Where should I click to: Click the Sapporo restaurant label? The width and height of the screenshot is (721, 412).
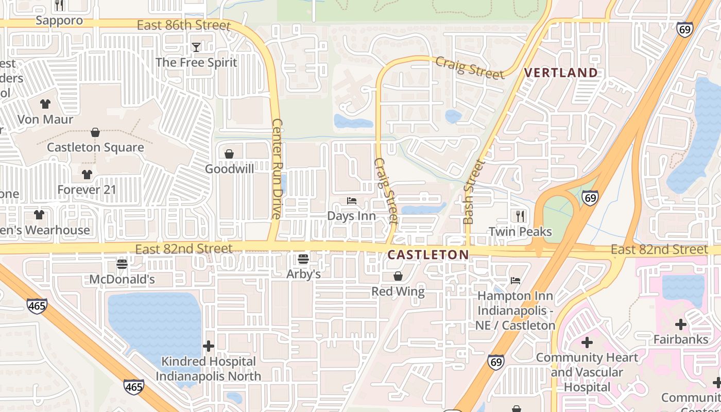tap(59, 21)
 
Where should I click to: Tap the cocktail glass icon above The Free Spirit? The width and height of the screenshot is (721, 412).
tap(196, 47)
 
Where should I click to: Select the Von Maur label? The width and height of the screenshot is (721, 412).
tap(45, 119)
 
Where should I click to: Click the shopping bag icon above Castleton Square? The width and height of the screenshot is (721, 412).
tap(95, 133)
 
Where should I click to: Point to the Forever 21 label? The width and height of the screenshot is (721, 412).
tap(87, 190)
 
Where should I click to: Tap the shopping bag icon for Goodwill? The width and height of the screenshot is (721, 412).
tap(229, 154)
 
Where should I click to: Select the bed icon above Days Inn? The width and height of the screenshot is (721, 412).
tap(352, 201)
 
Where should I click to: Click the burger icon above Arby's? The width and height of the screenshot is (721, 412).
tap(303, 259)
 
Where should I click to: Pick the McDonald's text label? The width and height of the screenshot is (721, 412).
tap(122, 279)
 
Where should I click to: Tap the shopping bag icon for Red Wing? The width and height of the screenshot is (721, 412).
tap(398, 277)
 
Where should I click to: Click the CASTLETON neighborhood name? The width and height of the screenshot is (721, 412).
tap(428, 254)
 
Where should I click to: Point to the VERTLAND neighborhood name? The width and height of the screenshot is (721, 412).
tap(561, 73)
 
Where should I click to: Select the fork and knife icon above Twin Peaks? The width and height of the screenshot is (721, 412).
tap(520, 216)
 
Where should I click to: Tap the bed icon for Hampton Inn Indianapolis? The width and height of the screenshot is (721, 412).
tap(516, 281)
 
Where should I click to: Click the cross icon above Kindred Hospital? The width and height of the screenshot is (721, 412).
tap(209, 346)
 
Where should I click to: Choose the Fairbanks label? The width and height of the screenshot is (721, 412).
tap(681, 339)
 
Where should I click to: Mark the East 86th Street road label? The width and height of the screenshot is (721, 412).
tap(184, 25)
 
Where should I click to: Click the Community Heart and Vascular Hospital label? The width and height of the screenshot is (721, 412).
tap(587, 372)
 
